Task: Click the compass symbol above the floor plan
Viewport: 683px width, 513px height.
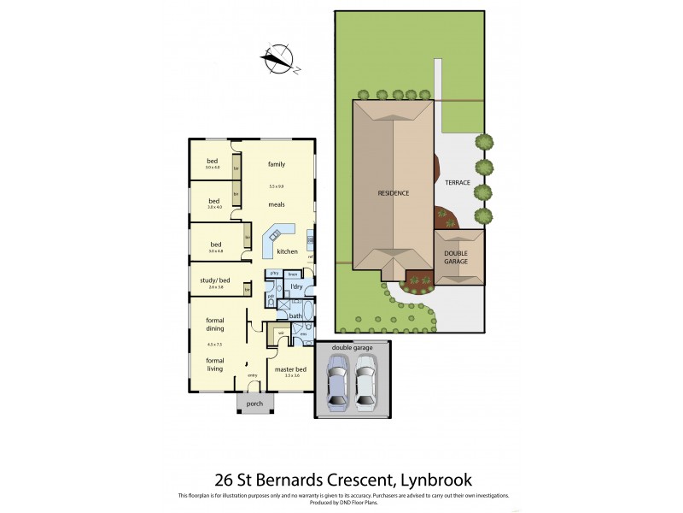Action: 277,59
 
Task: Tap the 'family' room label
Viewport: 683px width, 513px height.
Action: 276,163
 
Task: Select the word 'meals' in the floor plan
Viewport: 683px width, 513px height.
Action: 276,204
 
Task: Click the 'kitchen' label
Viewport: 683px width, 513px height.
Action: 287,251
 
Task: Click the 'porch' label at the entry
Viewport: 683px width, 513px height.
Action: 254,404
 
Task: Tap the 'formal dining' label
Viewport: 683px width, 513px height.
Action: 214,324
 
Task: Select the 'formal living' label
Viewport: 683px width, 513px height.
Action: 214,365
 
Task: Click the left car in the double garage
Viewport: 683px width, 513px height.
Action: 338,382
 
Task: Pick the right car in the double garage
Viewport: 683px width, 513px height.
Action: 366,382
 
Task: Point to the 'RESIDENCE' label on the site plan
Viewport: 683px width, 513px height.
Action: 394,193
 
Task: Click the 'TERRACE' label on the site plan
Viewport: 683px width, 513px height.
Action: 458,182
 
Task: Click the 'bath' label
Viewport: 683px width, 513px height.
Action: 295,316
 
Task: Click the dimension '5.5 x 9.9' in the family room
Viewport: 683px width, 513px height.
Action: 276,186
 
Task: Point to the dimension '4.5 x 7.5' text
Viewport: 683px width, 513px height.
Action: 214,345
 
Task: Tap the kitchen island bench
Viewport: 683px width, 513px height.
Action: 278,239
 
